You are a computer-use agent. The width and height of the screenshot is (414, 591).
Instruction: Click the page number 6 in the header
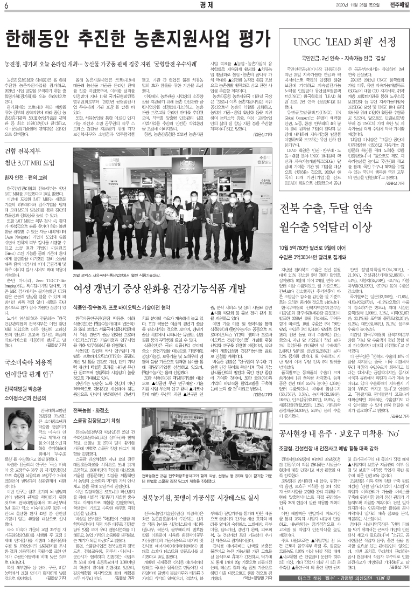[5, 5]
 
